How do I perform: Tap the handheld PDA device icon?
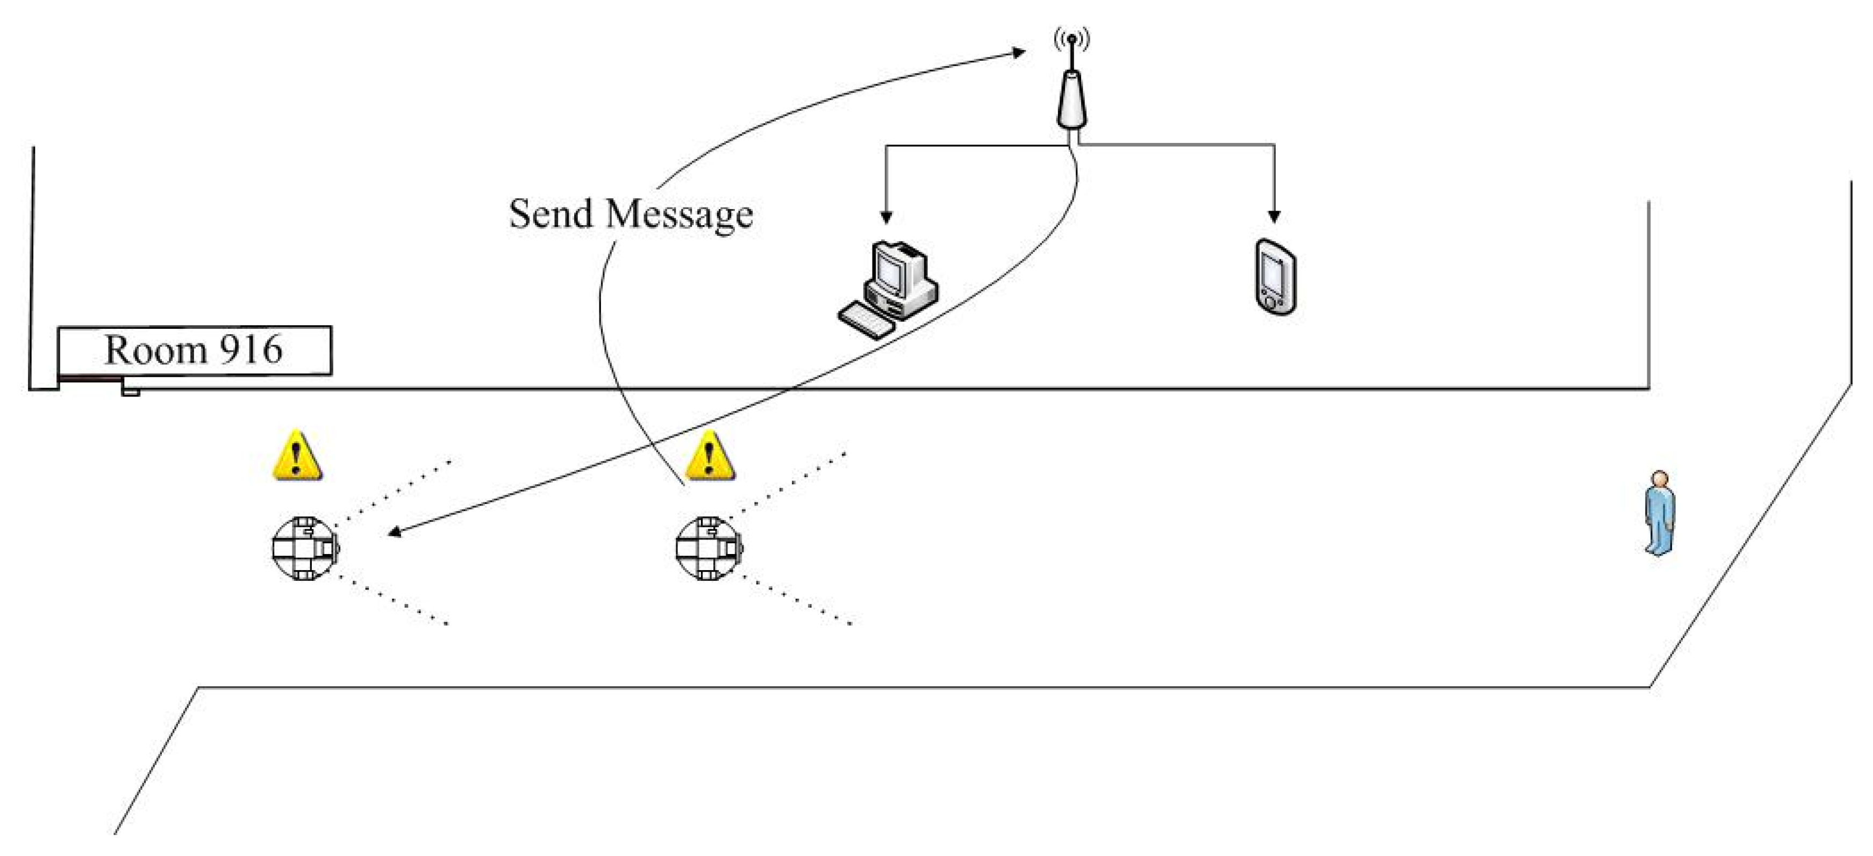click(x=1275, y=277)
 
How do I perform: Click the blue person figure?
click(x=1660, y=512)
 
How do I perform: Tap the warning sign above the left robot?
click(x=297, y=456)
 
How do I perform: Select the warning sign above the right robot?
click(x=710, y=456)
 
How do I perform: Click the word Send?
click(x=551, y=214)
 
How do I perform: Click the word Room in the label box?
click(x=155, y=350)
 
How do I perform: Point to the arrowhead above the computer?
click(x=885, y=217)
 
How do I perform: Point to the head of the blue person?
click(x=1659, y=480)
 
